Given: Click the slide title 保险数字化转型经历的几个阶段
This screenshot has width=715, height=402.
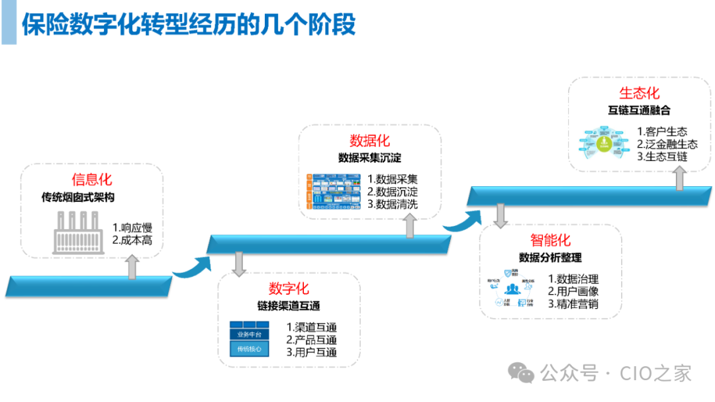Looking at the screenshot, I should [189, 25].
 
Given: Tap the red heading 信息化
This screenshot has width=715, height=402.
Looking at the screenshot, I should [92, 179].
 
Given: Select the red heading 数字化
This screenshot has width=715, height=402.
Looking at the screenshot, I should [289, 289].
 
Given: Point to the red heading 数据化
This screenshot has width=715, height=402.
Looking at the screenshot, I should [369, 140].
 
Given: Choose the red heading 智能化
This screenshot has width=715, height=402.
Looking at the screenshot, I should [549, 240].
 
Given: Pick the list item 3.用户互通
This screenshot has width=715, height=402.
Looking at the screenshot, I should [312, 352].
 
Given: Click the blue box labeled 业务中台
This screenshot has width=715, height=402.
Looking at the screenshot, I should [250, 334].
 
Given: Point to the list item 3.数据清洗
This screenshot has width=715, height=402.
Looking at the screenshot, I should [393, 204].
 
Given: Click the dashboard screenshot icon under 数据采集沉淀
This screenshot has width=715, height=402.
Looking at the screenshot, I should [334, 192].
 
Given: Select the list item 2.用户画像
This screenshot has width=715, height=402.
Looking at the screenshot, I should [573, 291].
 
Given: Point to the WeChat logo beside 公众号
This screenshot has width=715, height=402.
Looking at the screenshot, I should [526, 374].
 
